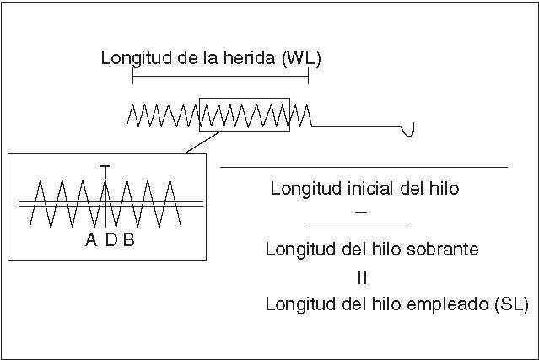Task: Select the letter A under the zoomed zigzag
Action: tap(91, 240)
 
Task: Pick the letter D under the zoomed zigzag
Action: tap(110, 240)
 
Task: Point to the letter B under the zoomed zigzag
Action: tap(128, 240)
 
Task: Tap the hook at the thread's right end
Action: tap(412, 130)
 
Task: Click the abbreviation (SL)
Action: tap(509, 304)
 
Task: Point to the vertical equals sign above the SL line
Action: tap(361, 277)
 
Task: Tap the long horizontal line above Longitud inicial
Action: tap(363, 168)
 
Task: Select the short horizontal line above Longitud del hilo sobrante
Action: tap(357, 228)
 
